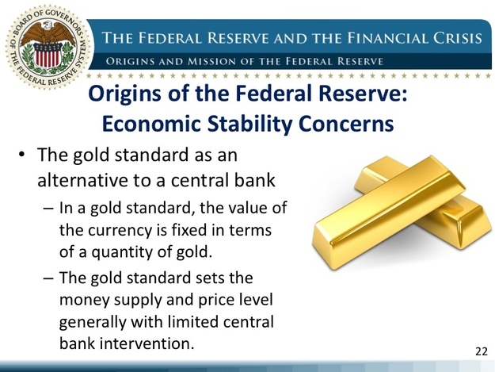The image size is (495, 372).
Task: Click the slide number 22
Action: click(481, 351)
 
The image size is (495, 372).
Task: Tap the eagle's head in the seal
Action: click(48, 25)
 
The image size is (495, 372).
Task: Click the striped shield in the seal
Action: click(48, 55)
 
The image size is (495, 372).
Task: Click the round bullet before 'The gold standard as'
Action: click(21, 155)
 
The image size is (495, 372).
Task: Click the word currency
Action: click(120, 231)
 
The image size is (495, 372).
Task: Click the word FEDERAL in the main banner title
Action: click(169, 38)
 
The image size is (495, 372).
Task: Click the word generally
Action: click(93, 322)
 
